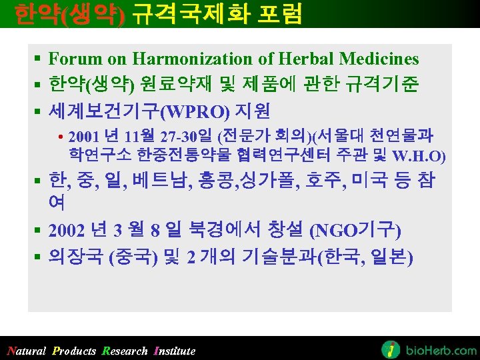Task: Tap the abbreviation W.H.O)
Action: [419, 157]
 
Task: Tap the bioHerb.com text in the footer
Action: [441, 350]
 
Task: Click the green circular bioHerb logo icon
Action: [391, 349]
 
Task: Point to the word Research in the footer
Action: [125, 351]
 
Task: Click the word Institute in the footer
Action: [174, 351]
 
